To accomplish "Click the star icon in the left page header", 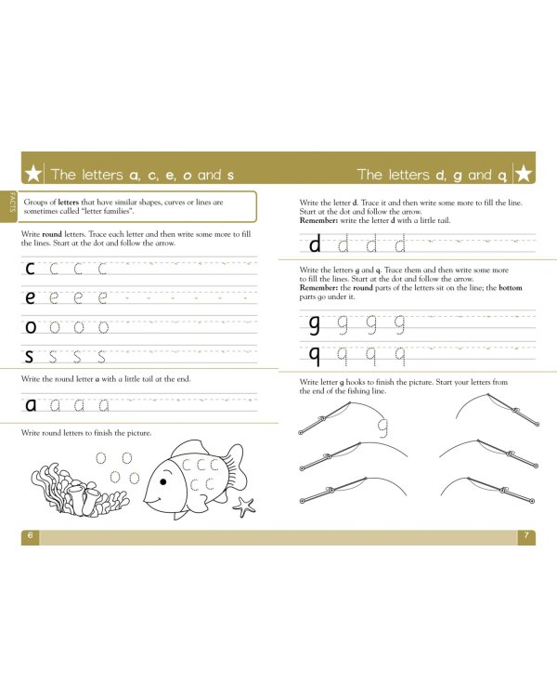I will [33, 174].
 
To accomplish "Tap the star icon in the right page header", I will [523, 174].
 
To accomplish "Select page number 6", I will [30, 536].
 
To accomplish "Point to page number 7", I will [525, 536].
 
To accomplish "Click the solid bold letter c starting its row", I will [31, 270].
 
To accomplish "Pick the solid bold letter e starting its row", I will [31, 298].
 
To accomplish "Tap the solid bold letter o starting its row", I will [31, 327].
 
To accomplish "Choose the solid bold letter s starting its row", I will [31, 356].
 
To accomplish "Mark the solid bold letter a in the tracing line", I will [31, 404].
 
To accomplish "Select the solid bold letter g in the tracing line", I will [314, 324].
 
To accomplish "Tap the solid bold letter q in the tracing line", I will [314, 354].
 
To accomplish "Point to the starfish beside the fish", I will [245, 506].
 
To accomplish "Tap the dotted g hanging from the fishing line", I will [381, 427].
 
